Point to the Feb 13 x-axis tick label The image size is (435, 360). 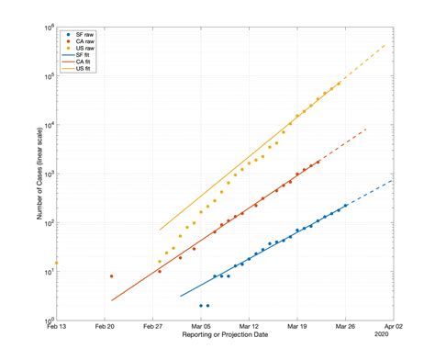tap(57, 327)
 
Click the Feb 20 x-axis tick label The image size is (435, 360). tap(105, 327)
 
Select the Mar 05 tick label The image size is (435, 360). tap(201, 327)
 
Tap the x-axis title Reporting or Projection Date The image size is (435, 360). tap(225, 337)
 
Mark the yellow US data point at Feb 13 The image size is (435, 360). tap(57, 264)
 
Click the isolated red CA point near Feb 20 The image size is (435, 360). tap(111, 276)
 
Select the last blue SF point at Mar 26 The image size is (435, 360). tap(345, 206)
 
